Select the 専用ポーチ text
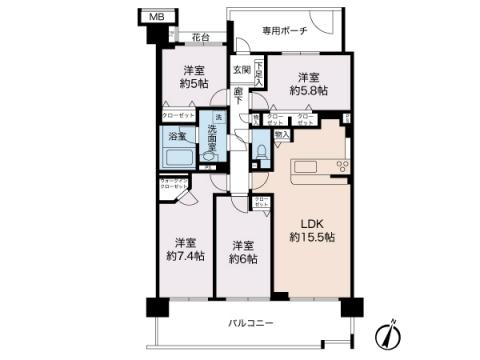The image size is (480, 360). tap(284, 31)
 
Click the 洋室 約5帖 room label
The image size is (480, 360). tap(193, 78)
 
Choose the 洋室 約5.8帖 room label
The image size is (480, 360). tap(307, 83)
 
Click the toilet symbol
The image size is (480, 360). tap(261, 152)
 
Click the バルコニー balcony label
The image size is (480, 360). tap(248, 323)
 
